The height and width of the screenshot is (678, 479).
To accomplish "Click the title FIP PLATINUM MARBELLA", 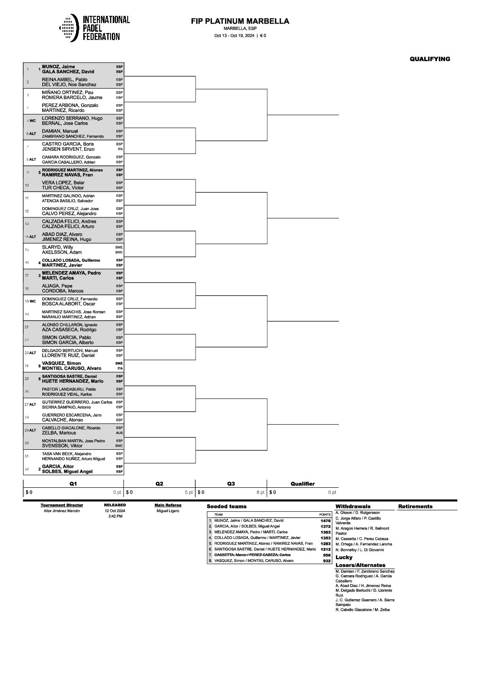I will point(240,21).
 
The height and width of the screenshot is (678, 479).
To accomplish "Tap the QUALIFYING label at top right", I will point(430,59).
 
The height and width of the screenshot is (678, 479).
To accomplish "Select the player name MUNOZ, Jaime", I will point(62,67).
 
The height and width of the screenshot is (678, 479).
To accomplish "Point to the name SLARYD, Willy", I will point(57,247).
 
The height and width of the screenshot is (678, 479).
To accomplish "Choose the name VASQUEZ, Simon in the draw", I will point(62,363).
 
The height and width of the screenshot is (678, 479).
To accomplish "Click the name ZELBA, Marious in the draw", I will point(59,433).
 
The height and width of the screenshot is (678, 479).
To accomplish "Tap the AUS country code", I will point(119,433).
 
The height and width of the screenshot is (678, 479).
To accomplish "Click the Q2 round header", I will point(159,484).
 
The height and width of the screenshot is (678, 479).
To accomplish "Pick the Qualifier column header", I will point(302,484).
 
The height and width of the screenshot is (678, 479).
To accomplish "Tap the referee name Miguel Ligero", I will point(168,511).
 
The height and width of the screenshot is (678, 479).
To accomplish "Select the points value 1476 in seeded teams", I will point(325,521).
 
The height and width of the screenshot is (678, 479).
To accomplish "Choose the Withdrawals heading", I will point(353,506).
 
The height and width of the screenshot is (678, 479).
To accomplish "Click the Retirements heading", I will point(415,506).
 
